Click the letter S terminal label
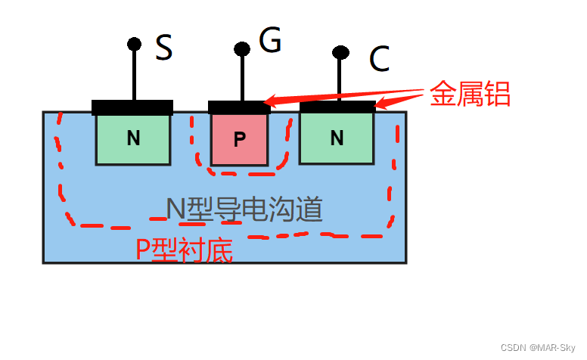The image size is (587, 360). [164, 49]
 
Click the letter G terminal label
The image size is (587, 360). [269, 41]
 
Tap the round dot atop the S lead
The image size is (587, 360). [134, 44]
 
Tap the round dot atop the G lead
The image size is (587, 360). [242, 50]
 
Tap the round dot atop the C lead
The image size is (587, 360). [340, 52]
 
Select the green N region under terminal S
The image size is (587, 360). [132, 139]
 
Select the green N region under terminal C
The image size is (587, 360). [337, 138]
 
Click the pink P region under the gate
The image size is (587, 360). [239, 140]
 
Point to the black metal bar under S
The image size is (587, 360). [132, 107]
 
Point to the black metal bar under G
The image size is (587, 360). [239, 107]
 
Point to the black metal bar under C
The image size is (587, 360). [337, 107]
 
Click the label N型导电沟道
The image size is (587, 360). [244, 209]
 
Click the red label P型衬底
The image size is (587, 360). [184, 250]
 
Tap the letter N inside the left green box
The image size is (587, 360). [133, 138]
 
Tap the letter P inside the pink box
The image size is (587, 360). [239, 140]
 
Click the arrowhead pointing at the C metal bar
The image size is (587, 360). [380, 104]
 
